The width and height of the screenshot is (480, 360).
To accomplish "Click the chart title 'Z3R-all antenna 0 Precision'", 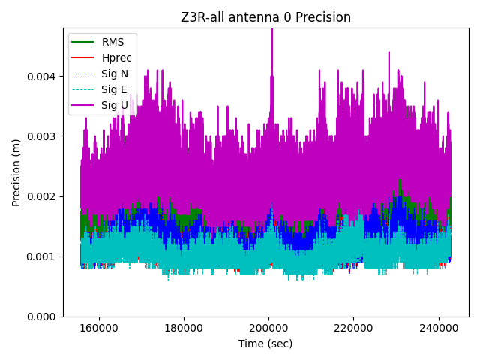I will pos(265,17).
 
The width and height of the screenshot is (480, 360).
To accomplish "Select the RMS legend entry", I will pos(114,42).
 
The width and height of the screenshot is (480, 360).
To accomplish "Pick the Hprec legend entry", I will pos(116,58).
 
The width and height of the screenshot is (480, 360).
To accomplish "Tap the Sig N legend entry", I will pos(114,73).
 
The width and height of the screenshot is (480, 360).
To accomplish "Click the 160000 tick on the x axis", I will pos(99,328).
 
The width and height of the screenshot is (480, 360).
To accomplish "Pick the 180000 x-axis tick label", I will pos(184,328).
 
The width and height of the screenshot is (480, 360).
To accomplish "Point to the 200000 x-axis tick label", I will pos(269,328).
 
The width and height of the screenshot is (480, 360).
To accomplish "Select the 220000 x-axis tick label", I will pos(354,328).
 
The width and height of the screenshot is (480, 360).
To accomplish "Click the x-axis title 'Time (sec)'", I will pos(265,343).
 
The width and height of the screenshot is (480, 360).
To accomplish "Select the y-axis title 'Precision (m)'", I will pos(16,172).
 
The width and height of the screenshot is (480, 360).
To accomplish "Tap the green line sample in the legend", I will pos(83,42).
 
